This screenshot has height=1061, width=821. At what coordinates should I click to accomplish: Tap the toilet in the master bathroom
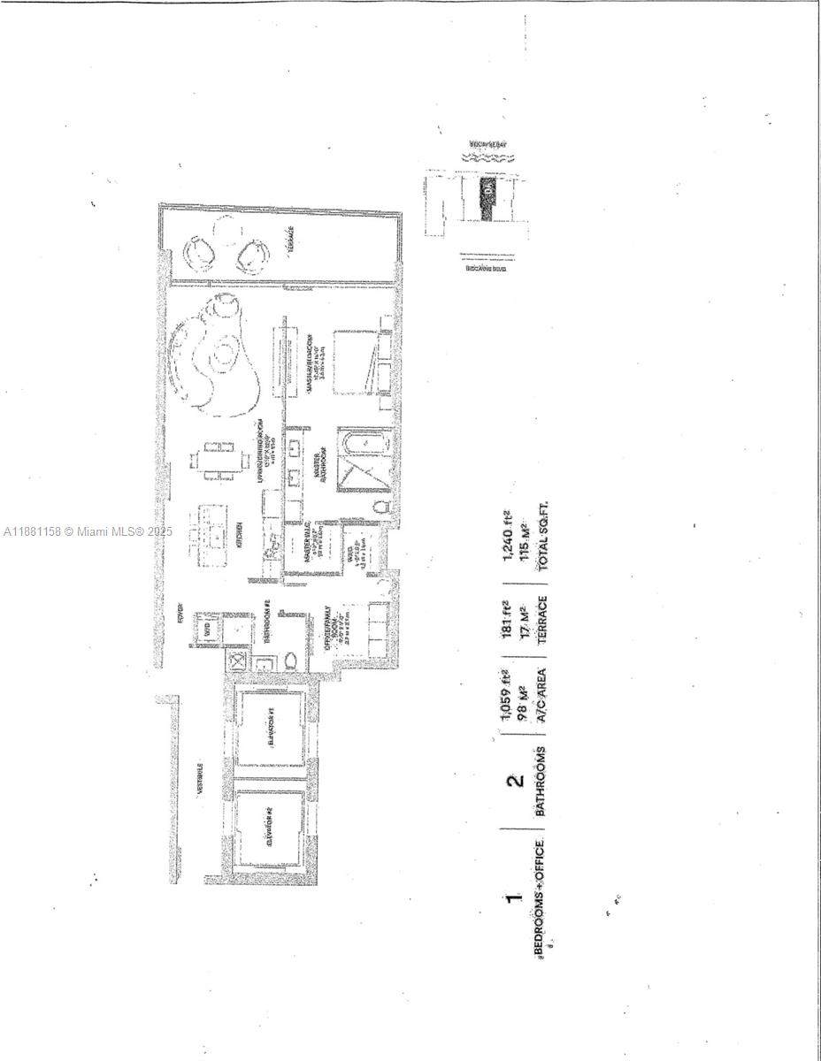380,508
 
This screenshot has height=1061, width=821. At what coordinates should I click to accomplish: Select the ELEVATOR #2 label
270,832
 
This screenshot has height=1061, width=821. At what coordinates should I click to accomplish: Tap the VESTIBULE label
201,778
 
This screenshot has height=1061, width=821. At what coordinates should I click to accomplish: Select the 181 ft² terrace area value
508,615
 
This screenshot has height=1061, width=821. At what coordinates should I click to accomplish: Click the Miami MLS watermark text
88,531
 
